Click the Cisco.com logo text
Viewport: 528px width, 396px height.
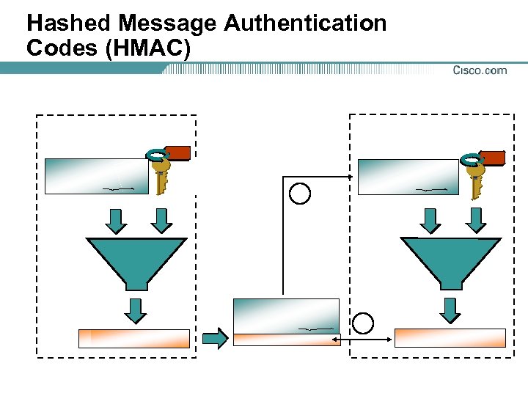pos(480,70)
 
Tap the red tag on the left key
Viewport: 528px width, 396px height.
pos(177,153)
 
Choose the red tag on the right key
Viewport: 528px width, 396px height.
pos(492,158)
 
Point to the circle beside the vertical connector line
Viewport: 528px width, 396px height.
pos(300,194)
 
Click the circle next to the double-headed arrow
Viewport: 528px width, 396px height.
pos(363,323)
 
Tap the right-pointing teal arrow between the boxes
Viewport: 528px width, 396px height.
pos(215,338)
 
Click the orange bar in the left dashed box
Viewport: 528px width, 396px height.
pos(134,338)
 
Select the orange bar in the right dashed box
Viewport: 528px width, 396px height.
pos(450,337)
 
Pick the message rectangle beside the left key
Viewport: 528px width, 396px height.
pos(97,176)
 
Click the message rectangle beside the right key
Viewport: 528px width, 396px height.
pos(408,177)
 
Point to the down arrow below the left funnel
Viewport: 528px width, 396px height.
pos(136,309)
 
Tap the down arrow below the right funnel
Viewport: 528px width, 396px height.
pos(450,309)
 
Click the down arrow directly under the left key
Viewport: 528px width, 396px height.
pos(162,219)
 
